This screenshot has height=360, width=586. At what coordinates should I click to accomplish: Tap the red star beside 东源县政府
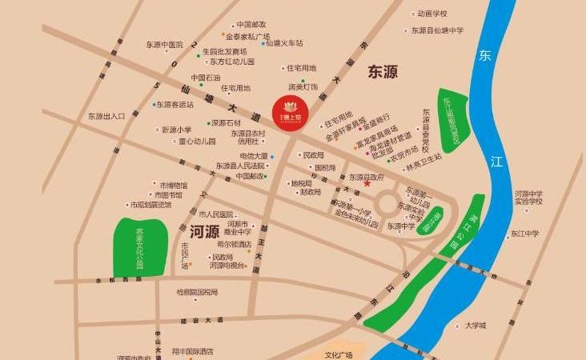[367, 184]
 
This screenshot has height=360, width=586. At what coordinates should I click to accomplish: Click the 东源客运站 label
[175, 104]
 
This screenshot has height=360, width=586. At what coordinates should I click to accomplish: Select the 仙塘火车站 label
[286, 42]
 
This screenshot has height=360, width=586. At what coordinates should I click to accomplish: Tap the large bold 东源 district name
[383, 73]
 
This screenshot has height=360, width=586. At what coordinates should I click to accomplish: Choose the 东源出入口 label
[107, 116]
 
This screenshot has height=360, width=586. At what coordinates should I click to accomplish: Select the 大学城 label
[476, 326]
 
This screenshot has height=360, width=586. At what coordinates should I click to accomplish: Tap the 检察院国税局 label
[197, 292]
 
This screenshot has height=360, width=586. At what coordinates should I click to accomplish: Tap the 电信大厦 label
[254, 156]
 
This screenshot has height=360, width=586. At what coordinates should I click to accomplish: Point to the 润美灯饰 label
[303, 86]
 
